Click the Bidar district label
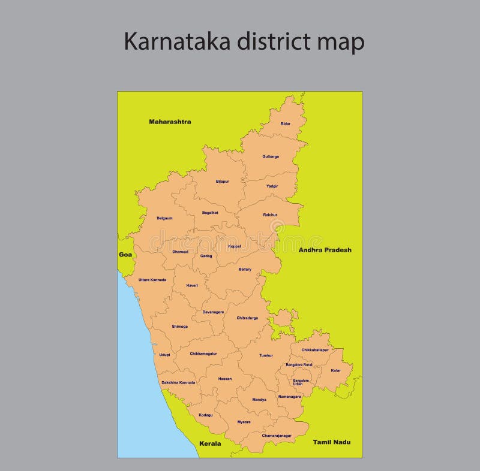coord(286,124)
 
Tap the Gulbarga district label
coord(271,157)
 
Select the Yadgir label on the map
coord(272,186)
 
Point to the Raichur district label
coord(270,215)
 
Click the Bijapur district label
coord(223,182)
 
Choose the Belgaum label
coord(164,218)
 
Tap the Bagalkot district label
coord(210,213)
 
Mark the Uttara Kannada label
coord(152,280)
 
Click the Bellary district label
coord(245,270)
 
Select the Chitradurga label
coord(247,318)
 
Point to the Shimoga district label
coord(179,327)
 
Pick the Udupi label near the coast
coord(164,355)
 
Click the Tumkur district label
coord(266,355)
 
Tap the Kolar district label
coord(336,370)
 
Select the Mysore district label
coord(244,422)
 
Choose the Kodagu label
coord(205,415)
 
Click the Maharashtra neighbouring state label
coord(170,122)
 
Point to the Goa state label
coord(125,255)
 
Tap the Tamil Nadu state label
coord(332,442)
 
